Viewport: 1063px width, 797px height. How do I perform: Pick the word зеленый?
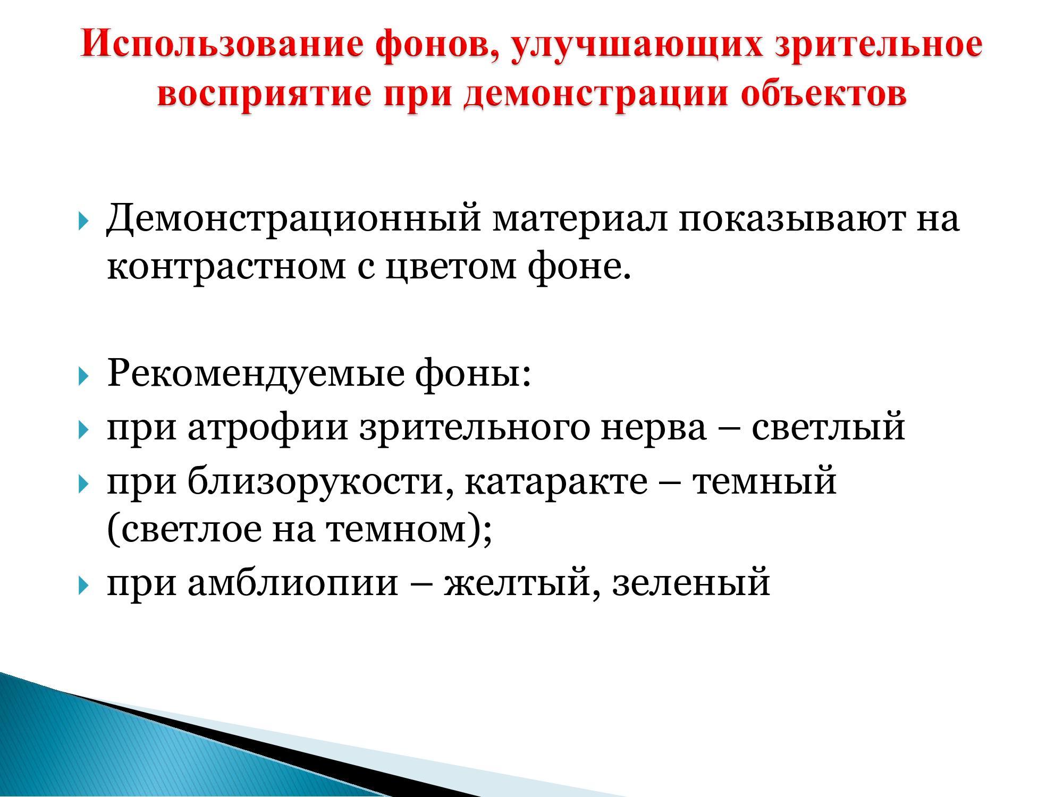click(x=691, y=583)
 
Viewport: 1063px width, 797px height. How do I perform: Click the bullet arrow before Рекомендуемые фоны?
click(x=82, y=377)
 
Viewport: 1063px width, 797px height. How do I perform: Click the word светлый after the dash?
click(x=828, y=428)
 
